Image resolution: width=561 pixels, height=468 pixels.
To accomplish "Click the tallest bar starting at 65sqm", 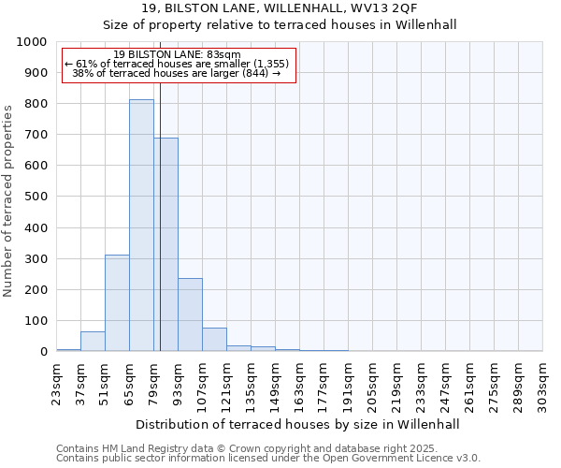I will pyautogui.click(x=141, y=226).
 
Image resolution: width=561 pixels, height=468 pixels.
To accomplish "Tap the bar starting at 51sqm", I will pyautogui.click(x=117, y=303).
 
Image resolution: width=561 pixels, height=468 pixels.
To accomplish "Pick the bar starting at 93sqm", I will pyautogui.click(x=190, y=314).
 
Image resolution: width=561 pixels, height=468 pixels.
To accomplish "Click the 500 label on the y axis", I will pyautogui.click(x=36, y=197).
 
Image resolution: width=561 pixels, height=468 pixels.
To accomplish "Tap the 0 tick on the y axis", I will pyautogui.click(x=43, y=352).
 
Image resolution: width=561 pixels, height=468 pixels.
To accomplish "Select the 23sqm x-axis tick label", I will pyautogui.click(x=57, y=384).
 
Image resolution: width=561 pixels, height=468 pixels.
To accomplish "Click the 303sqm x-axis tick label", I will pyautogui.click(x=543, y=384).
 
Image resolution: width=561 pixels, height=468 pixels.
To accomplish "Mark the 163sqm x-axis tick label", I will pyautogui.click(x=300, y=384).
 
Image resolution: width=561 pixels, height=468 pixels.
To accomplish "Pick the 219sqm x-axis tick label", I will pyautogui.click(x=397, y=384).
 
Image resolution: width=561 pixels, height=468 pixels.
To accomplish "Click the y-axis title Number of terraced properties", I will pyautogui.click(x=8, y=201).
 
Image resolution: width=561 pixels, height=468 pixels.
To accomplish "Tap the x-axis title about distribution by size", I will pyautogui.click(x=298, y=424).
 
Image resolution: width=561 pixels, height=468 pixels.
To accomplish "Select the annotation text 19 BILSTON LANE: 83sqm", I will pyautogui.click(x=178, y=55).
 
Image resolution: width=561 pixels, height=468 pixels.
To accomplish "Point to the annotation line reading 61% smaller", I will pyautogui.click(x=178, y=64).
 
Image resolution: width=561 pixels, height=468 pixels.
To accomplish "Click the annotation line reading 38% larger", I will pyautogui.click(x=178, y=73).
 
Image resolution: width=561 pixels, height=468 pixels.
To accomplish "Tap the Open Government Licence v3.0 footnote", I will pyautogui.click(x=268, y=459).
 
